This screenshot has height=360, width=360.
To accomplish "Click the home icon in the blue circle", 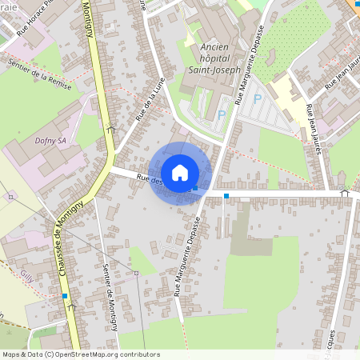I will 180,173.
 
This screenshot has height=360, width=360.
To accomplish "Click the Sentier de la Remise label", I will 39,74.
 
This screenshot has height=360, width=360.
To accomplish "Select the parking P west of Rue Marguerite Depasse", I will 222,115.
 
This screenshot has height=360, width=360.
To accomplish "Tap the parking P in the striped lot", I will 257,99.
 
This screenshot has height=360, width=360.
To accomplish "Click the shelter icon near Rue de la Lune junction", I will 110,127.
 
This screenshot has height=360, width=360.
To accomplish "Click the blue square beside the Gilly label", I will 65,296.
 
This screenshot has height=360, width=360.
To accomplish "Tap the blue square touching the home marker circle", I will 195,188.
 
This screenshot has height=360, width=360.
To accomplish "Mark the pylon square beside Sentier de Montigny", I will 136,273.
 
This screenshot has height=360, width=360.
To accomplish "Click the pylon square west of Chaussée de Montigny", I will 10,196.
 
